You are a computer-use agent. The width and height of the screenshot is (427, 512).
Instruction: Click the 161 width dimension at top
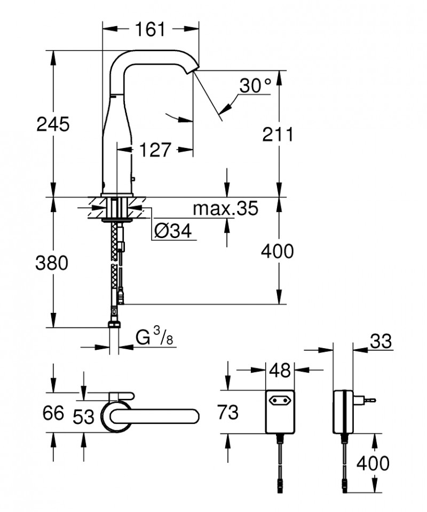pyautogui.click(x=150, y=29)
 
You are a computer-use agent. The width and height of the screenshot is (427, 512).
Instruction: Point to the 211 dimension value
pyautogui.click(x=278, y=134)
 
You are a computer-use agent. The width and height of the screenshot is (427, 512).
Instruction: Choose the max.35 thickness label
pyautogui.click(x=225, y=208)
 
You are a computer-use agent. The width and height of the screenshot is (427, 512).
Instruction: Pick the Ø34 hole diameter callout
pyautogui.click(x=172, y=230)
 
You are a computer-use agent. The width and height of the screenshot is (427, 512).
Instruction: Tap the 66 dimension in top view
pyautogui.click(x=51, y=413)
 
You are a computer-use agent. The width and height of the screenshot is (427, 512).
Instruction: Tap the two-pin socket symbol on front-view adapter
pyautogui.click(x=279, y=398)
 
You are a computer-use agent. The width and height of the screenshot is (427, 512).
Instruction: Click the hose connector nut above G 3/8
pyautogui.click(x=114, y=324)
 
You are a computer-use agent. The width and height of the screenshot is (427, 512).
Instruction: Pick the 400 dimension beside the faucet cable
pyautogui.click(x=278, y=251)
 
